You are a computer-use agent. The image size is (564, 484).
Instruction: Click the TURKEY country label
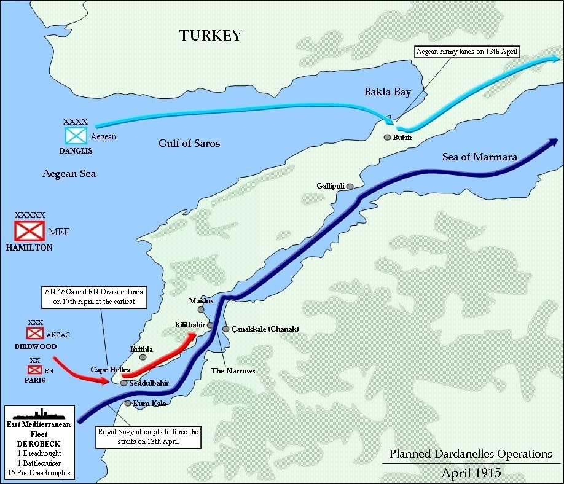coord(210,36)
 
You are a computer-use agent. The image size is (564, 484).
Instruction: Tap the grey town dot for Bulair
coord(387,138)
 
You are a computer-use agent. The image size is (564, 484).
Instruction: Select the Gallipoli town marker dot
coord(350,186)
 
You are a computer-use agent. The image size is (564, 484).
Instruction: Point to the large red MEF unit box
coord(29,230)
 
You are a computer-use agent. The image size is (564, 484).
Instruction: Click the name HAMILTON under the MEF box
coord(29,248)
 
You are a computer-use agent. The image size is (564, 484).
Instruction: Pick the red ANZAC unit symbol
coord(35,334)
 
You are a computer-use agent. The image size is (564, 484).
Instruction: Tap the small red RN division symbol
coord(34,370)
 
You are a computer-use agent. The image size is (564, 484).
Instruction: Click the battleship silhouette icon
coord(39,414)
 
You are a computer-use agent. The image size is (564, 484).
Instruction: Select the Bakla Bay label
coord(387,92)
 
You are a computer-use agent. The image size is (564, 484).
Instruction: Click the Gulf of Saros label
coord(189,143)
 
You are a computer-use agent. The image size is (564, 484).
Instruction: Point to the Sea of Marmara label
coord(479,157)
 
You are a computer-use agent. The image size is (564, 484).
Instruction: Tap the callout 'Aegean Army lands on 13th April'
coord(468,52)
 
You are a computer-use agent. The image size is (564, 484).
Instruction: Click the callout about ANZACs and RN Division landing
coord(98,297)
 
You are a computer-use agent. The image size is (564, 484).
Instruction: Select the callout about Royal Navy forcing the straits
coord(148,437)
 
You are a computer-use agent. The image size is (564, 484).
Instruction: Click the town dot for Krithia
coord(143,357)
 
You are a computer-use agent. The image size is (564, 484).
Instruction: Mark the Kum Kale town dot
coord(128,404)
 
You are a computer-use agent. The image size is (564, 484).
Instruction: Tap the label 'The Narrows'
coord(233,371)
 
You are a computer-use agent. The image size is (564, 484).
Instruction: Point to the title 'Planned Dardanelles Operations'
coord(471,454)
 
